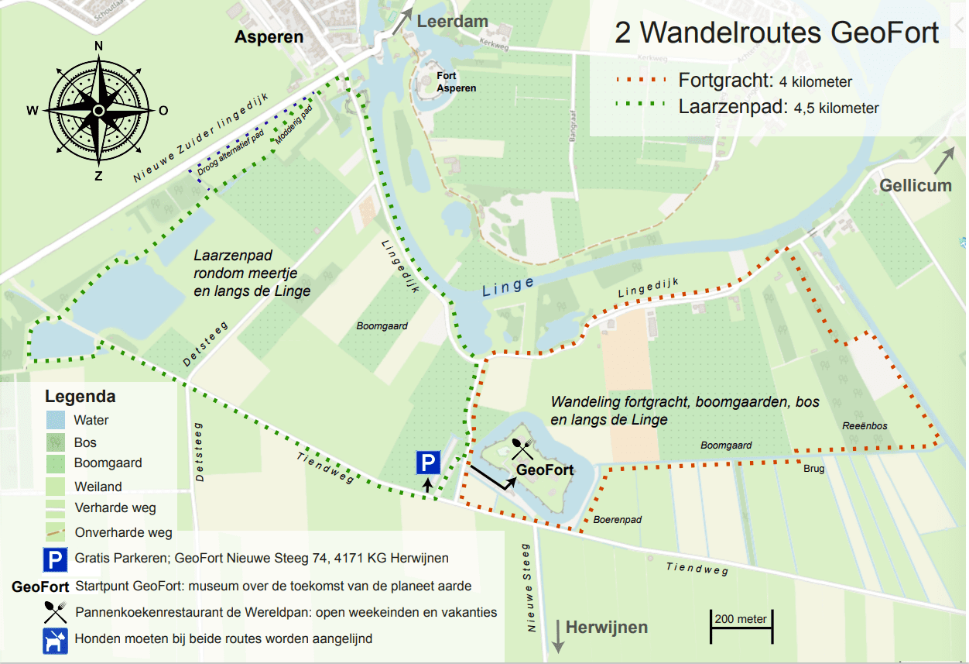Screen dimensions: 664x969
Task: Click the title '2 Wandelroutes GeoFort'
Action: coord(776,33)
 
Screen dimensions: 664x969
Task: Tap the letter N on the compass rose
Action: coord(98,46)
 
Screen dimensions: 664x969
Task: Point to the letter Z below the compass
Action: coord(98,176)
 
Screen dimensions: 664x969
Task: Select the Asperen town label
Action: coord(269,37)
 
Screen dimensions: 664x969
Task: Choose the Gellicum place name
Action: coord(916,185)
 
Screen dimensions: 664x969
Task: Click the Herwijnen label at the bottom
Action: coord(606,627)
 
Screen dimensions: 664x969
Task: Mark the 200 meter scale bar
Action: coord(741,626)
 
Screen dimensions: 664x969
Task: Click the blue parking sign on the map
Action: coord(428,463)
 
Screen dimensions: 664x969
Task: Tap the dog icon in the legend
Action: coord(56,640)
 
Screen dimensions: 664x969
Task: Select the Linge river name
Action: coord(508,287)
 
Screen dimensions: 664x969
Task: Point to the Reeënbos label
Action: coord(865,426)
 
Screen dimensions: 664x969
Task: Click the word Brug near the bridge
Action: coord(813,469)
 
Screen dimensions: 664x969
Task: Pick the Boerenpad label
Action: coord(618,520)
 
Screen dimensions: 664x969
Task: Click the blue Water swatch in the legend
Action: coord(56,421)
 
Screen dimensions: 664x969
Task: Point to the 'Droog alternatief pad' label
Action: coord(231,151)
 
